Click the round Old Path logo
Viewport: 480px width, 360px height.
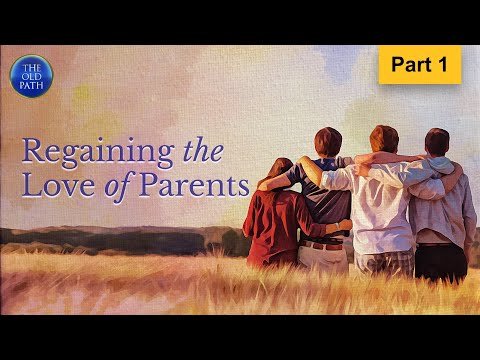[x=29, y=76]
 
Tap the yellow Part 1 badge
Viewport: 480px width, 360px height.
[x=420, y=64]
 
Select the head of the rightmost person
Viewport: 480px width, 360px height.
[x=437, y=142]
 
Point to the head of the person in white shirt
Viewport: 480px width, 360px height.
[x=383, y=139]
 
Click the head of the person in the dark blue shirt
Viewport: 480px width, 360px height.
[x=327, y=142]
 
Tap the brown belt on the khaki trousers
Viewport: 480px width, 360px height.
[x=322, y=244]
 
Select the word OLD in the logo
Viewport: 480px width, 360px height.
[x=29, y=76]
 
